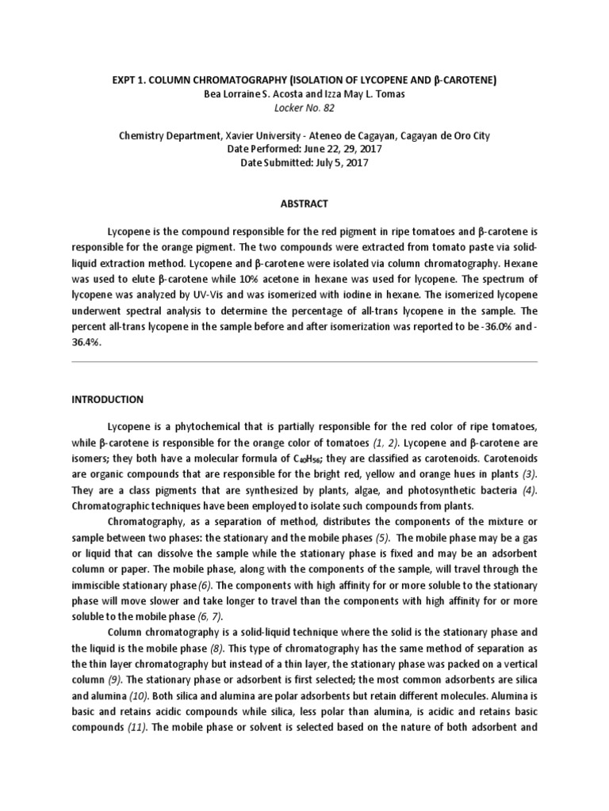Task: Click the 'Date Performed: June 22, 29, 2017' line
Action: click(304, 150)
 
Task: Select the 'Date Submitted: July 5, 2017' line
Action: click(304, 164)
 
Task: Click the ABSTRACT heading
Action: click(304, 204)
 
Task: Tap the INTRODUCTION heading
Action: click(107, 399)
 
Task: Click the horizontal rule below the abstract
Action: click(304, 362)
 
